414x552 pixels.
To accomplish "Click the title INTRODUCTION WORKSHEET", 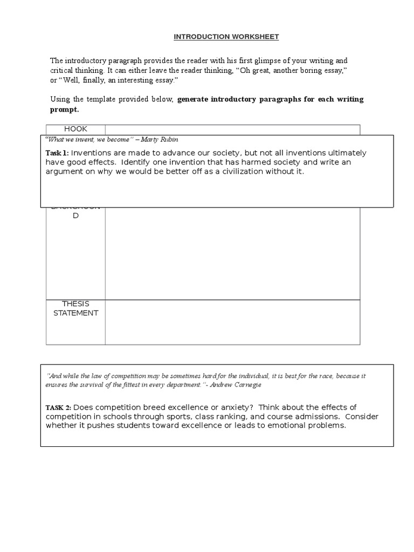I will tap(218, 37).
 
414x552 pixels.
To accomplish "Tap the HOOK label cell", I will tap(75, 129).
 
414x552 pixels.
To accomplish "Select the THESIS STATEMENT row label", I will tap(75, 308).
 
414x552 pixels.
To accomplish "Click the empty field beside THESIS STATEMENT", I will tap(232, 322).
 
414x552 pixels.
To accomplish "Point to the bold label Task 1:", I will tap(57, 153).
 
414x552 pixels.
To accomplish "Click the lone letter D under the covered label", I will tap(75, 216).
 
